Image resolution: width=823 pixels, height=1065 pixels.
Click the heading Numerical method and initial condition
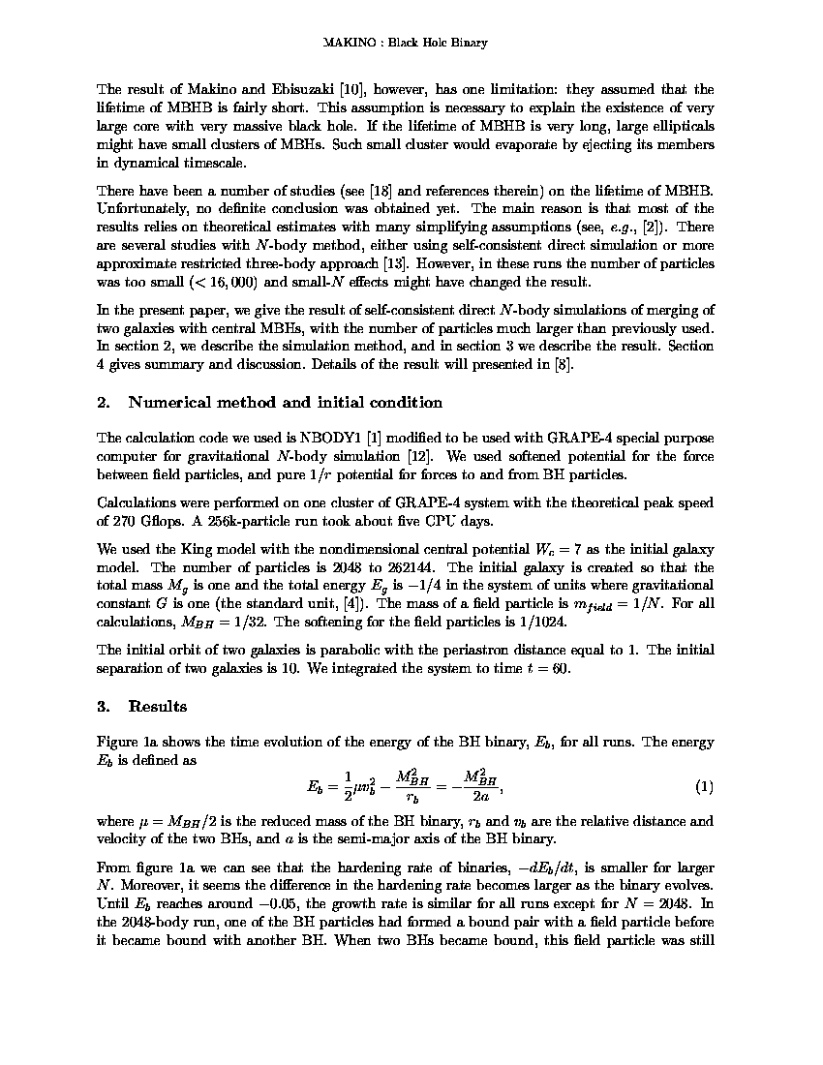285,403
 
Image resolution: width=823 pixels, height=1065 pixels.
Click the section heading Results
157,707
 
